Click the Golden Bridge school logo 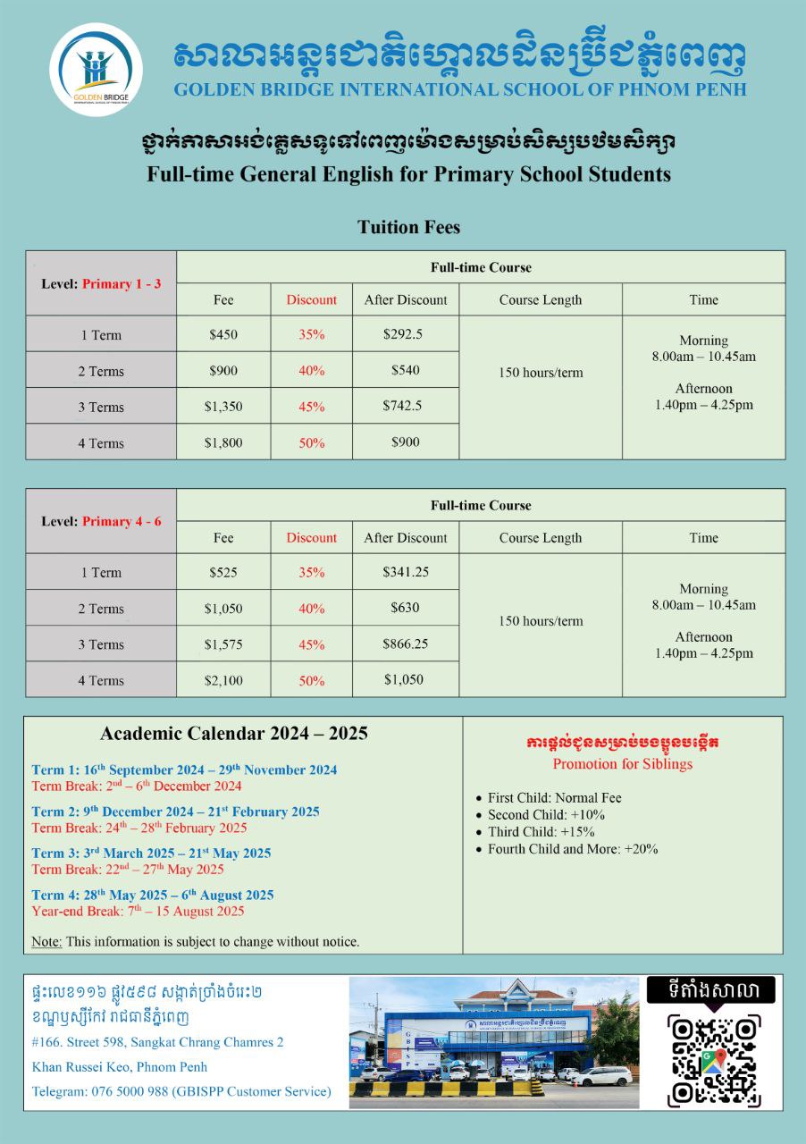coord(97,70)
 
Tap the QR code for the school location coord(713,1060)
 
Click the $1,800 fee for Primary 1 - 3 coord(223,442)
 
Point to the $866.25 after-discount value coord(405,643)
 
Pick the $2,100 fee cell coord(223,680)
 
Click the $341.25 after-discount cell coord(405,572)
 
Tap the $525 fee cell coord(223,572)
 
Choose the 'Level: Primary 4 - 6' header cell coord(101,521)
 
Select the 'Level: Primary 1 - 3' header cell coord(101,283)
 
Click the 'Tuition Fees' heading coord(408,227)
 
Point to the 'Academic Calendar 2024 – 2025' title coord(234,734)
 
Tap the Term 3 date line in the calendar coord(151,853)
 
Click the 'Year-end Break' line coord(138,912)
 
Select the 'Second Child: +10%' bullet coord(546,814)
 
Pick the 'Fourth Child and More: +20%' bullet coord(572,848)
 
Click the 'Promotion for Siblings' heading coord(622,764)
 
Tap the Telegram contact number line coord(181,1091)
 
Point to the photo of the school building coord(493,1042)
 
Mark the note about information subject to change coord(195,941)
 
